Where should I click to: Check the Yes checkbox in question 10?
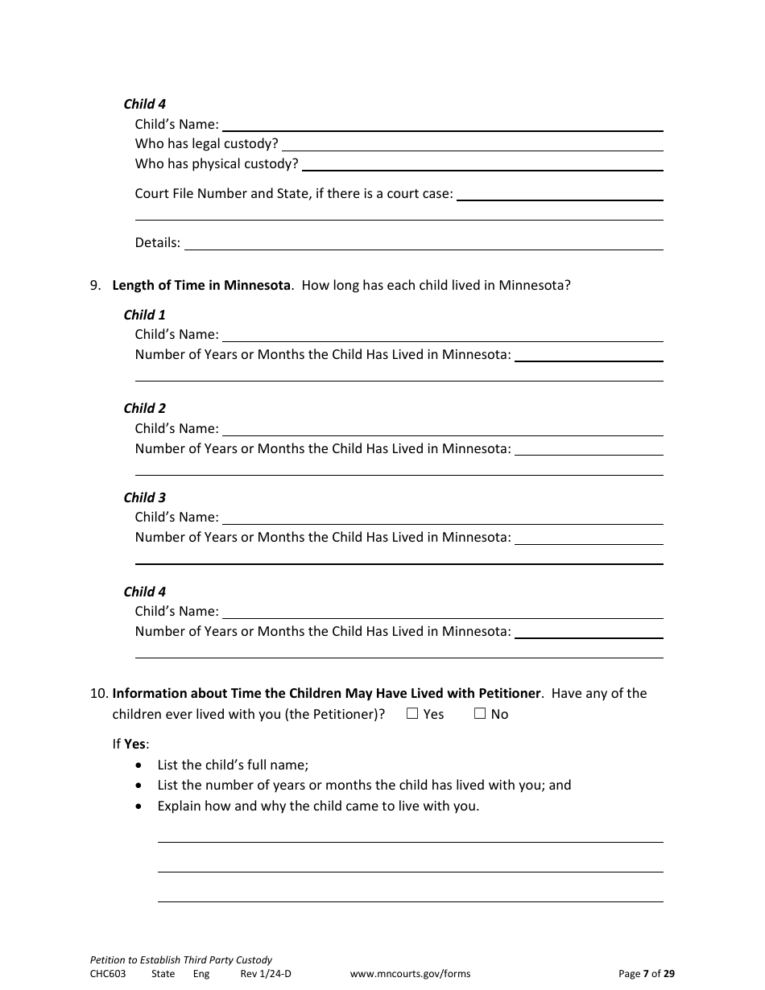pyautogui.click(x=412, y=713)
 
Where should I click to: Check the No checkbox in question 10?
pyautogui.click(x=480, y=713)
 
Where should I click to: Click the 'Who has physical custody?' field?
pyautogui.click(x=482, y=164)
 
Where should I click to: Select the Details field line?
pyautogui.click(x=424, y=242)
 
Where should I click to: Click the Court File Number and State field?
pyautogui.click(x=560, y=194)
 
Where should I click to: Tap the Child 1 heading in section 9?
pyautogui.click(x=144, y=315)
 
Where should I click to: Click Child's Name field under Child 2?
pyautogui.click(x=442, y=429)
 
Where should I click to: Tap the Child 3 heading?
pyautogui.click(x=144, y=497)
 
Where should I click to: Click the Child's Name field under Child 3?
pyautogui.click(x=442, y=518)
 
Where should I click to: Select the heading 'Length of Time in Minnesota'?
pyautogui.click(x=201, y=285)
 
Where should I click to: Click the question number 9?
pyautogui.click(x=95, y=285)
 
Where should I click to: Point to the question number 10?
pyautogui.click(x=98, y=693)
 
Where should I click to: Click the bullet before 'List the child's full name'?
pyautogui.click(x=141, y=765)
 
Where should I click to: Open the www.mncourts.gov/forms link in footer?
pyautogui.click(x=410, y=973)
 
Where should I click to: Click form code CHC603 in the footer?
pyautogui.click(x=108, y=973)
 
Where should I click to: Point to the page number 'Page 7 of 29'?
pyautogui.click(x=647, y=973)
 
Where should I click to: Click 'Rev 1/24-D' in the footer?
pyautogui.click(x=266, y=973)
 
